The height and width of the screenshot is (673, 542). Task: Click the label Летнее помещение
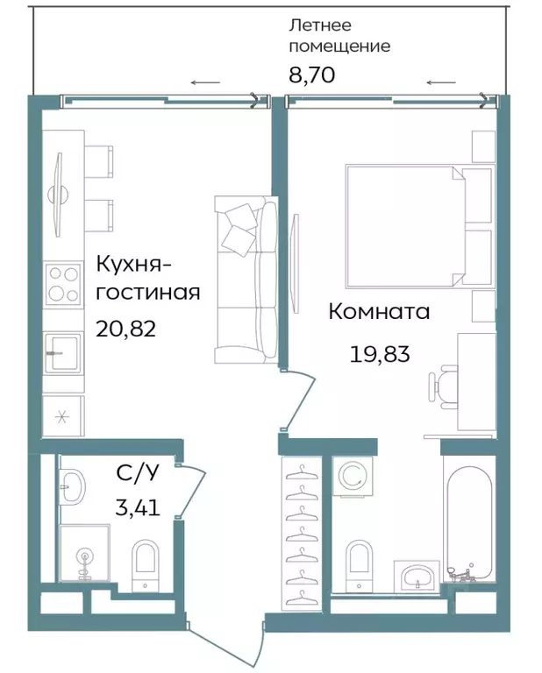[x=339, y=36]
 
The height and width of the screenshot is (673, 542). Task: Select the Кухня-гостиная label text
[x=147, y=277]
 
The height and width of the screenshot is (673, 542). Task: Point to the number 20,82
[x=128, y=328]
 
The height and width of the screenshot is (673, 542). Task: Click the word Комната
[x=379, y=311]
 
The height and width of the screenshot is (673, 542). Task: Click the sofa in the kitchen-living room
[x=246, y=280]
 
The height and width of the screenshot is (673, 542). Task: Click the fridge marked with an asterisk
[x=63, y=415]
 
